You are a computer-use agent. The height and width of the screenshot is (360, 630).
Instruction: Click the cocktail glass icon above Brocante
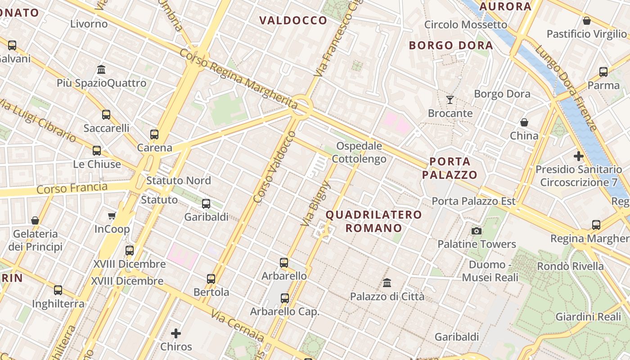click(450, 99)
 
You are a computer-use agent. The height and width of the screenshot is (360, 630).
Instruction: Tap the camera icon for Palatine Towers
click(477, 231)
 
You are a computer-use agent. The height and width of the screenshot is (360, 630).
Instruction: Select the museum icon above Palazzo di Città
click(387, 283)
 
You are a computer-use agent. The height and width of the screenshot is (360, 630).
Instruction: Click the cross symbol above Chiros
click(176, 333)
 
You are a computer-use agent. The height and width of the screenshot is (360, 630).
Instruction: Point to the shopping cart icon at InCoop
click(112, 216)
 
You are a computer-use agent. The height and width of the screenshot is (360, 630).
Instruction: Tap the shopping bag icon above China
click(524, 122)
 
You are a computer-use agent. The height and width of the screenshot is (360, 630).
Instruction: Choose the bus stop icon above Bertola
click(211, 279)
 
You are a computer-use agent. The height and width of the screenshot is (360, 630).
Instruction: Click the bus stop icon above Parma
click(603, 72)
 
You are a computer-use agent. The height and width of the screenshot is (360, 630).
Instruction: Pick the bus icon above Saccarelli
click(106, 114)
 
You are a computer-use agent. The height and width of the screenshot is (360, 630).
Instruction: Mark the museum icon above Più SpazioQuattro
click(101, 70)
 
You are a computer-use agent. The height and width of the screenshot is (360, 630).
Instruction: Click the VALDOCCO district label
click(293, 20)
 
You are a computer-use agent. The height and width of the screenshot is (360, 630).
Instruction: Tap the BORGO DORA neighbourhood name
click(451, 45)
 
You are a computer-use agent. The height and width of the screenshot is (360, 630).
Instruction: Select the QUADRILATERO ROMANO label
click(373, 221)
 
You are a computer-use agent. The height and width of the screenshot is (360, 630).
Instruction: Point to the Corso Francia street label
click(72, 188)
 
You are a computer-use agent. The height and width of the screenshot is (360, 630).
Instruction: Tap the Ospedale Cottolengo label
click(359, 153)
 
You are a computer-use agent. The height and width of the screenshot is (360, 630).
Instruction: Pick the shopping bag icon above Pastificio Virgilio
click(587, 21)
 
